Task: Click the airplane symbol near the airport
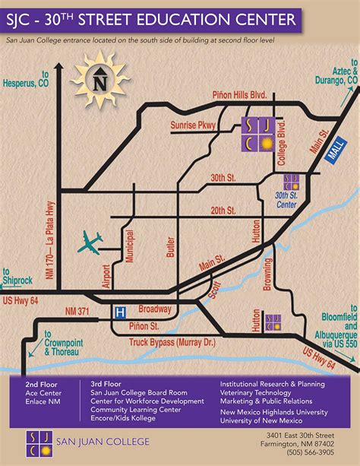90,243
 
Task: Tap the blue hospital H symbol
119,312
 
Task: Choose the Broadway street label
156,310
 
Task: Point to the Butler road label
170,249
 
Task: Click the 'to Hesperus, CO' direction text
27,81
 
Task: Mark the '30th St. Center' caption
287,201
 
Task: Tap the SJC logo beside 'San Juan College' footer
36,442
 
